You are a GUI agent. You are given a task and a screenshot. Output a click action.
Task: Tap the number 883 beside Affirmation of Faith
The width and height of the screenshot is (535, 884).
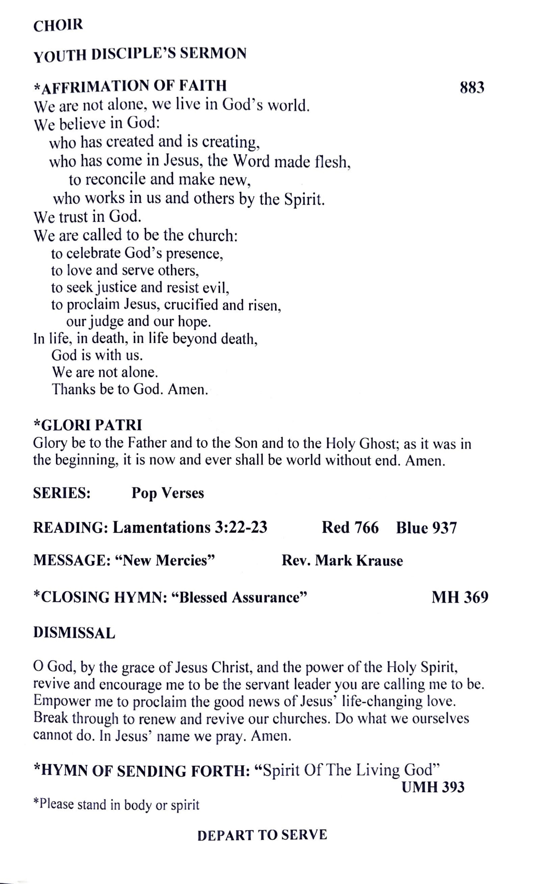pyautogui.click(x=472, y=88)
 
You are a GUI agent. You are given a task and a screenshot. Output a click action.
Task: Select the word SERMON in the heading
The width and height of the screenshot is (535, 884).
pyautogui.click(x=213, y=54)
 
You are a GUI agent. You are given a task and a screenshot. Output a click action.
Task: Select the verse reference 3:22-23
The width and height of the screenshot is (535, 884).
pyautogui.click(x=241, y=528)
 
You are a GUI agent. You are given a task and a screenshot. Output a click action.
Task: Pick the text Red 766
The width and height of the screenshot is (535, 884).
pyautogui.click(x=350, y=528)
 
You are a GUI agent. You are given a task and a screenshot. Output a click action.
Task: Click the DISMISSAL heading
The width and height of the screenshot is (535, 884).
pyautogui.click(x=74, y=633)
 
